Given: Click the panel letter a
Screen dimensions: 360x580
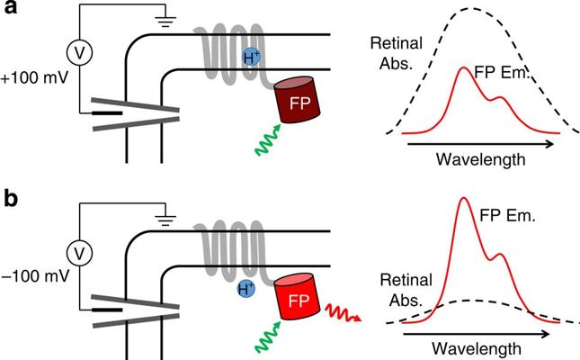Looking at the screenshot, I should (13, 13).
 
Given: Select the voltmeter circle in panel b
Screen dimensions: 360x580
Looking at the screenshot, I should (81, 251).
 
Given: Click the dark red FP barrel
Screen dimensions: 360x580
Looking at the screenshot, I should (298, 98).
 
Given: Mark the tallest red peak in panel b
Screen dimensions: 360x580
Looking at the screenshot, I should (465, 200).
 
